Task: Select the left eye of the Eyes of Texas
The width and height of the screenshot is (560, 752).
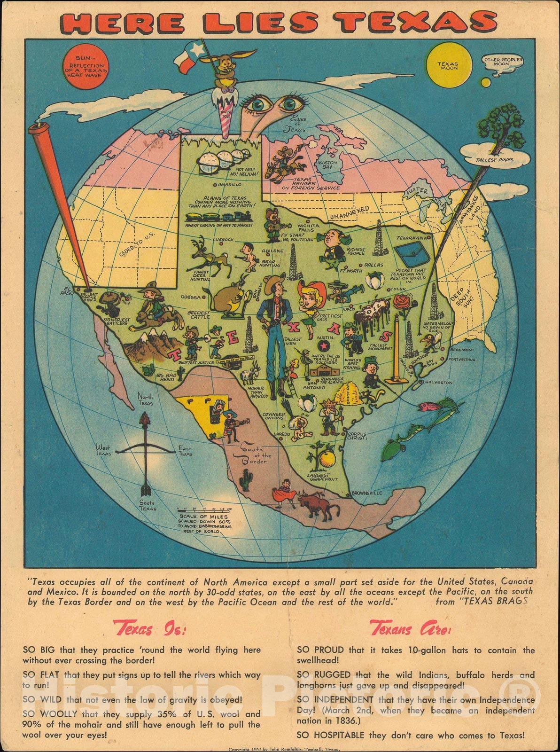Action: [x=258, y=106]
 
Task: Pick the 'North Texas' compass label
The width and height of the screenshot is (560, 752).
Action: [x=145, y=399]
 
